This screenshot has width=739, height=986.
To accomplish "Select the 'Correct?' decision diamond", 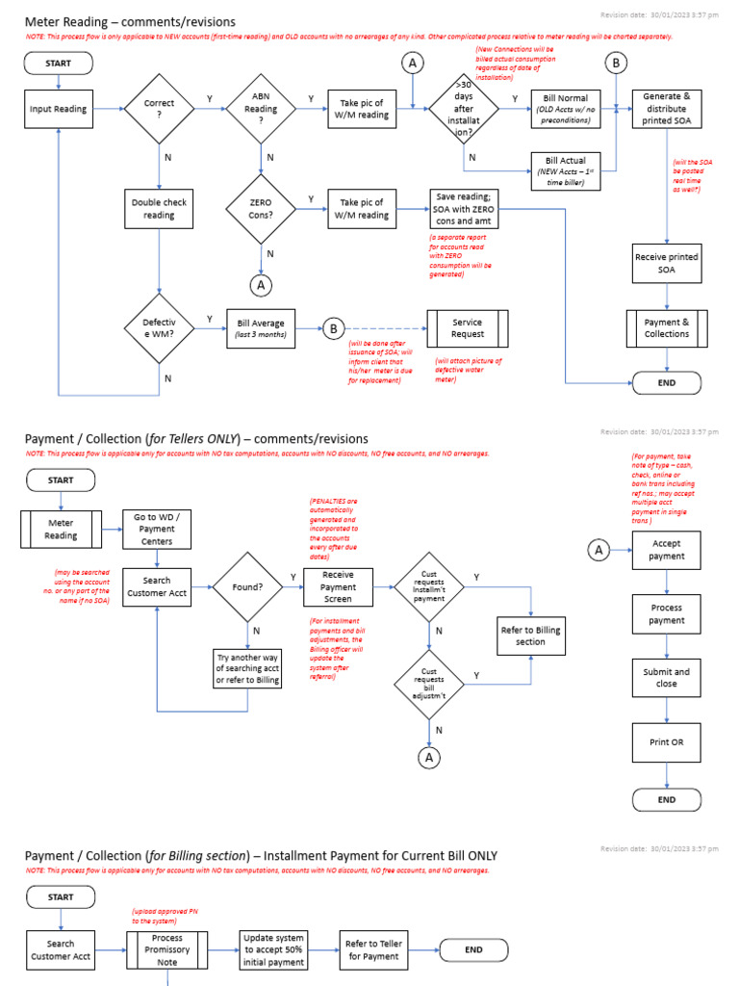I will (x=160, y=109).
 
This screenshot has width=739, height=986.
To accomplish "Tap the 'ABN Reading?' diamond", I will (x=261, y=109).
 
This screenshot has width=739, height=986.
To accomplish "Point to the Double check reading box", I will (x=160, y=209).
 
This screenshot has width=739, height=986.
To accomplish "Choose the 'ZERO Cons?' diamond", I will (x=261, y=209).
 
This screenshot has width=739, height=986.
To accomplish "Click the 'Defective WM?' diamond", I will (x=160, y=328).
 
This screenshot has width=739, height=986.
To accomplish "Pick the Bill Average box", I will (x=261, y=328).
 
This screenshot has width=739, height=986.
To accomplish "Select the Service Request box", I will (x=467, y=328).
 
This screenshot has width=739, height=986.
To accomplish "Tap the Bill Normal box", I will (x=566, y=109).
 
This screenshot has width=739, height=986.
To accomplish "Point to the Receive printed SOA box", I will (x=667, y=264).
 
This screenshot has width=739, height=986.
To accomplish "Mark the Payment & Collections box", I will (x=667, y=327).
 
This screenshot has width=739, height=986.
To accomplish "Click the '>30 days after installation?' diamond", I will (x=464, y=109).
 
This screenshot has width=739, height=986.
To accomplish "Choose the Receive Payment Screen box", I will (x=338, y=586).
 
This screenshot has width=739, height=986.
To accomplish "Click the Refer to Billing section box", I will (x=529, y=636).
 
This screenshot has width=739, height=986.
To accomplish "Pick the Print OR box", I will (x=667, y=742).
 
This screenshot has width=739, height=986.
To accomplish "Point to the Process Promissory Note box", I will (x=167, y=950).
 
